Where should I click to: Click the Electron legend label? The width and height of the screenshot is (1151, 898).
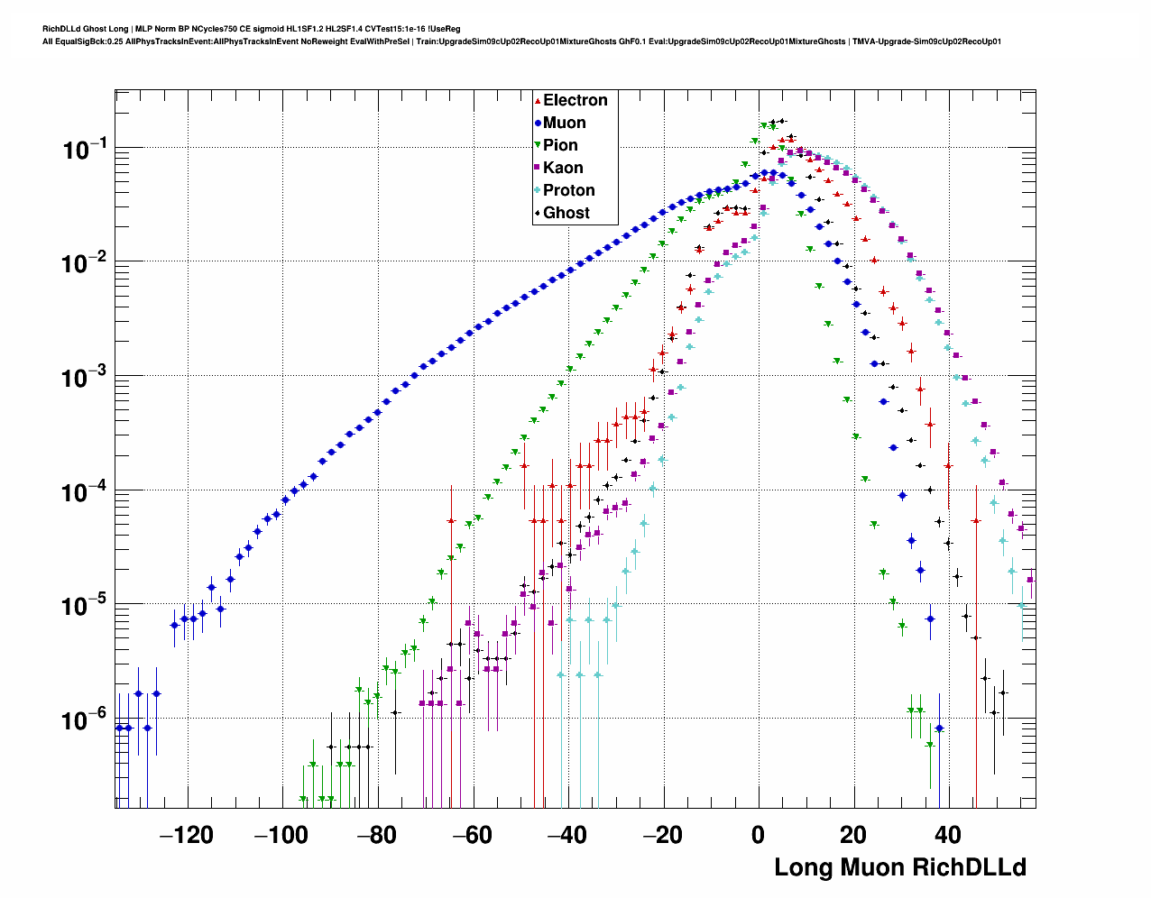575,100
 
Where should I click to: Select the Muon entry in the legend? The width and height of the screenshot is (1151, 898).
564,123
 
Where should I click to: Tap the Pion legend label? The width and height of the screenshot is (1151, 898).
560,145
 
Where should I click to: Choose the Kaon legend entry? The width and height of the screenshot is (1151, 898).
563,168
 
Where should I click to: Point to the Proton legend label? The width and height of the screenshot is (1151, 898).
568,190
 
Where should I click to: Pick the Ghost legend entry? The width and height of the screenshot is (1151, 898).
566,213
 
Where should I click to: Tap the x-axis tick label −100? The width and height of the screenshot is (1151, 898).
281,836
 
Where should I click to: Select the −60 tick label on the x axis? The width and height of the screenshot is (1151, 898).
472,836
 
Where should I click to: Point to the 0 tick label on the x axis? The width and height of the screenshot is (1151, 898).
758,836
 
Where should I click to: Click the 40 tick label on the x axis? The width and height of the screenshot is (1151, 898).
948,836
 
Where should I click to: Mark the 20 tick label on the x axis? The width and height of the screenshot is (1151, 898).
852,836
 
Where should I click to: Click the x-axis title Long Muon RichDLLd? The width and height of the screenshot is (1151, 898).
900,867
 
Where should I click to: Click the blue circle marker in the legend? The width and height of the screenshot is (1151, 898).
538,123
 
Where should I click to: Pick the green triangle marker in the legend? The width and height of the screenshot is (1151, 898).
538,145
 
